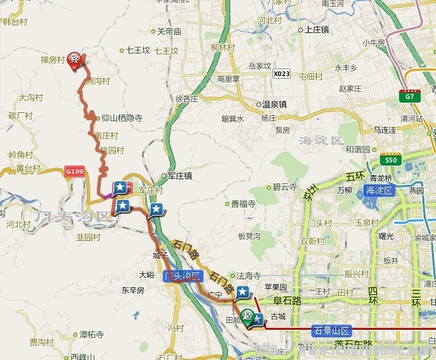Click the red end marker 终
click(x=75, y=60)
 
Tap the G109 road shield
click(x=75, y=170)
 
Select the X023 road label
click(x=281, y=73)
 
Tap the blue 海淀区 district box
click(x=379, y=190)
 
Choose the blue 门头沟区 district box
click(x=183, y=276)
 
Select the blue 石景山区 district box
click(x=331, y=330)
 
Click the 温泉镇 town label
click(x=274, y=105)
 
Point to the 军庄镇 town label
click(x=181, y=176)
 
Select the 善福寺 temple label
click(x=242, y=203)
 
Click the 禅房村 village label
click(x=52, y=60)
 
